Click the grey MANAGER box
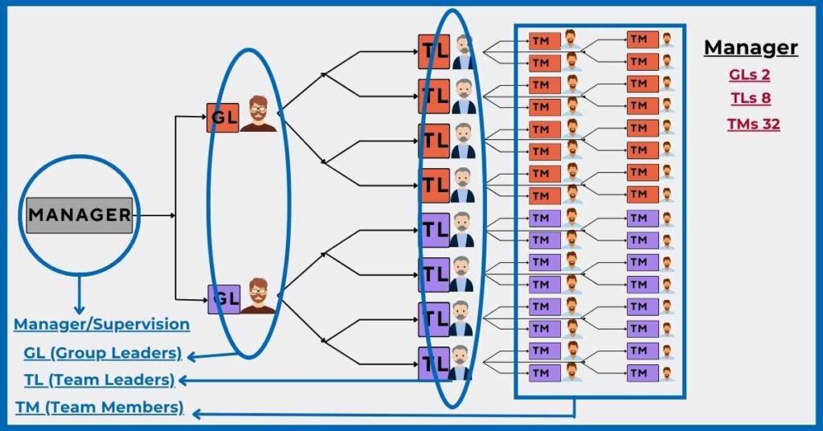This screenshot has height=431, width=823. [79, 215]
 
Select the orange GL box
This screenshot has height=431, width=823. [223, 117]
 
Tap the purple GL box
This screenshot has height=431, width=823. [224, 299]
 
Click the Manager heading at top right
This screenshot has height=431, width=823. [751, 48]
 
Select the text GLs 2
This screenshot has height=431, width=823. [750, 75]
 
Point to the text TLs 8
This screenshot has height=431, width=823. [750, 99]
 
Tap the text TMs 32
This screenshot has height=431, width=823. [753, 125]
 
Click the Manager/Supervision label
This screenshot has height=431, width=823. [102, 325]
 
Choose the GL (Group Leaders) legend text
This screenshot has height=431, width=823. [103, 354]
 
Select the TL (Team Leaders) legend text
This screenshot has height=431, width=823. [99, 380]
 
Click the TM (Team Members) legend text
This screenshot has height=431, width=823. [100, 408]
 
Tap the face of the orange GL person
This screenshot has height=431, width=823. [258, 109]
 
